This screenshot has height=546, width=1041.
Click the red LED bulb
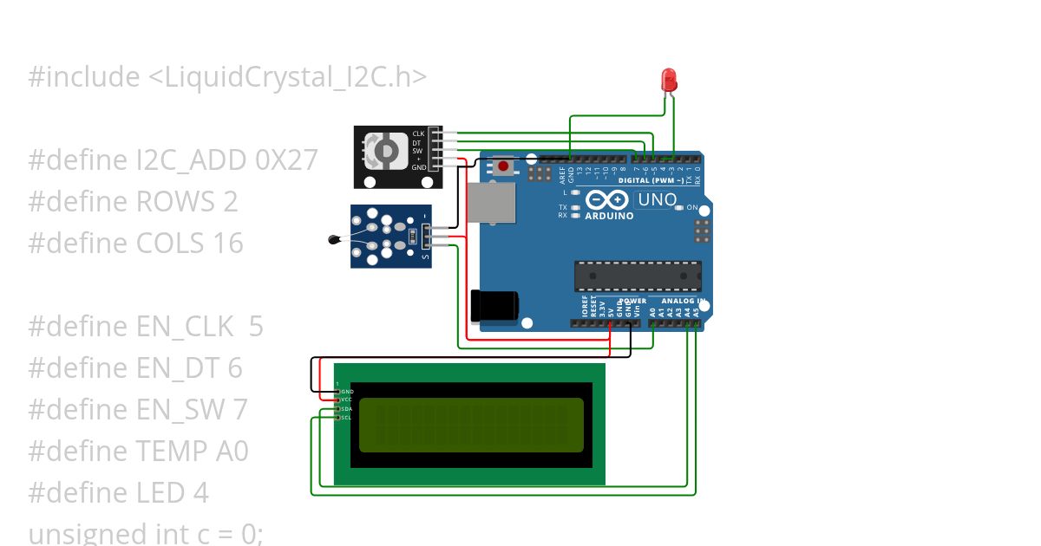click(x=670, y=81)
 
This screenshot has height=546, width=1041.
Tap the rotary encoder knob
click(x=385, y=150)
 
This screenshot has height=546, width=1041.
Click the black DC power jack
click(x=494, y=305)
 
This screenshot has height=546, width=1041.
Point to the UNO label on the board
click(x=657, y=200)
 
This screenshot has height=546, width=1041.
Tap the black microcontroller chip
click(x=637, y=276)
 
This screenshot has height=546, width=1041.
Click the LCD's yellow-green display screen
click(x=471, y=425)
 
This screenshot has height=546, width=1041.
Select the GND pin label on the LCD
click(x=347, y=392)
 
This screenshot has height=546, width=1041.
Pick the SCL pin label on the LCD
click(x=346, y=418)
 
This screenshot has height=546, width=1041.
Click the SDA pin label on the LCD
click(x=346, y=409)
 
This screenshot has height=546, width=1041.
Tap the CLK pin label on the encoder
click(x=418, y=133)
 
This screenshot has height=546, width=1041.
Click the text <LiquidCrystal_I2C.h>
click(x=287, y=77)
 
